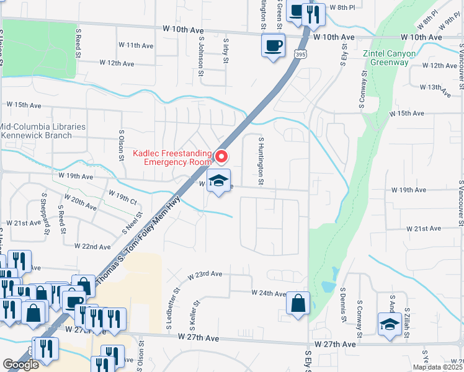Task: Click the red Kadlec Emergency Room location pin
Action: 221,156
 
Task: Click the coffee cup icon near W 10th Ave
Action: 273,45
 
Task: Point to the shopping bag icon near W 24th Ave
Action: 298,303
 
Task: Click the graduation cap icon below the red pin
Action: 218,180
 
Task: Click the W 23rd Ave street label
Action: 207,273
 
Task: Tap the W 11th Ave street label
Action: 136,45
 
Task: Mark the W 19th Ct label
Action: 122,198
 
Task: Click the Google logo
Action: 21,365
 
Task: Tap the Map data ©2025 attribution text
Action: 438,367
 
